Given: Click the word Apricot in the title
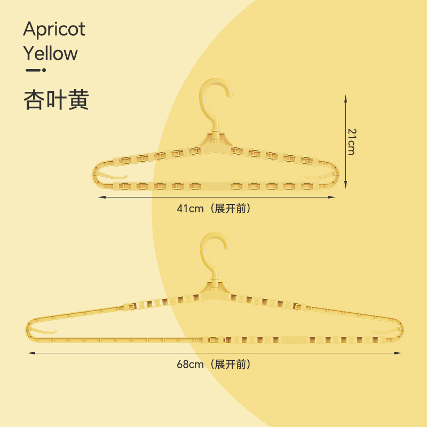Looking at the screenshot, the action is [54, 30].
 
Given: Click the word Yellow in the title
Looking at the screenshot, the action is [50, 53].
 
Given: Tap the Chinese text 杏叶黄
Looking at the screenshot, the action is [56, 100].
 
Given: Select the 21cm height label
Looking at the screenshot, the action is [351, 141].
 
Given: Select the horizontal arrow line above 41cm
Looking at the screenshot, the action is [217, 197].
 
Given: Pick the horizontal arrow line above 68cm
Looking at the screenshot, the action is [215, 353].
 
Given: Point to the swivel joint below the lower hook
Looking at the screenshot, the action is [216, 291].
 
